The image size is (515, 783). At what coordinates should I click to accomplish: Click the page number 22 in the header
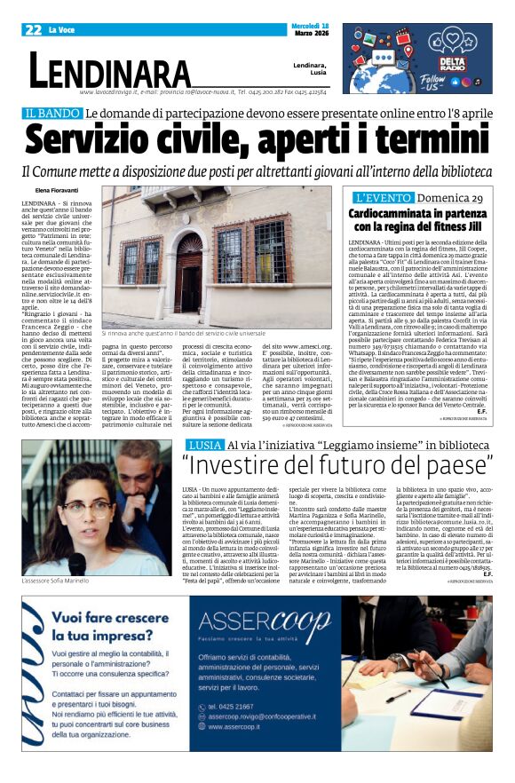34,30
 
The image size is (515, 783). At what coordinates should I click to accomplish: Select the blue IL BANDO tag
51,114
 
